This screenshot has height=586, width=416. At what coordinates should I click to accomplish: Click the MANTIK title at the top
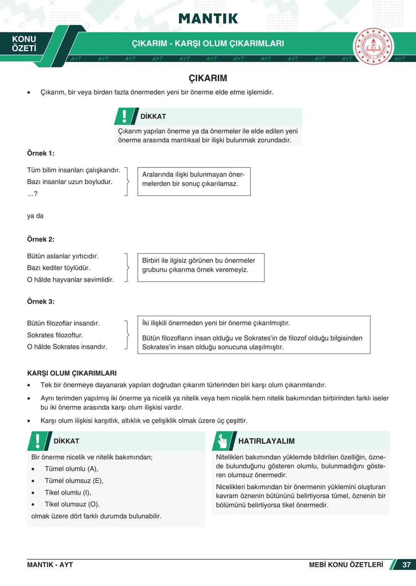pos(208,18)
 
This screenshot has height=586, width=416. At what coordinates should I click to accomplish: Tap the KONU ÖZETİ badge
pos(24,44)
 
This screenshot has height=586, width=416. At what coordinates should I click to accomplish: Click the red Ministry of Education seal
pos(373,47)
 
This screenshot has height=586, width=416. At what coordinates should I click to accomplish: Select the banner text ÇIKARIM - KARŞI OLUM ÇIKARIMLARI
pos(208,44)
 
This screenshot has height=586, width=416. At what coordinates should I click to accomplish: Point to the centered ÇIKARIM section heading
pos(208,78)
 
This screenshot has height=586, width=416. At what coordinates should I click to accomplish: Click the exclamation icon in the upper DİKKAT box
pos(124,116)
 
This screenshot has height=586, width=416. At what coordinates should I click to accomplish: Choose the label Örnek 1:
pos(40,153)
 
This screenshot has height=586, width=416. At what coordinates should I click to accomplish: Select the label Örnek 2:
pos(40,239)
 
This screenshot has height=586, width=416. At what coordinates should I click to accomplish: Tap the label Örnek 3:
pos(40,301)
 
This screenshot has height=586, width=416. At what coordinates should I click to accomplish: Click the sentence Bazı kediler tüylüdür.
pos(58,268)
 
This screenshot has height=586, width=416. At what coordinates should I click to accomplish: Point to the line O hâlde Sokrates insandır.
pos(67,347)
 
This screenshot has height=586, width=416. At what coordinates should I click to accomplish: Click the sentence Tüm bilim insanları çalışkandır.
pos(74,170)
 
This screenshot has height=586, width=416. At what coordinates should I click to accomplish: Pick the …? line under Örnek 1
pos(32,194)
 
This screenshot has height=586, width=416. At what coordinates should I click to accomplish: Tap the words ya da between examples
pos(35,216)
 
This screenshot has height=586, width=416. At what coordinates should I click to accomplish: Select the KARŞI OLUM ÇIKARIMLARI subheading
pos(72,373)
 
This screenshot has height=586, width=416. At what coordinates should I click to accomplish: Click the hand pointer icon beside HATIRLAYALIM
pos(223,441)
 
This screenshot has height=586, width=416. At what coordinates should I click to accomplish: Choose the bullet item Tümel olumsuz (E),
pos(74,481)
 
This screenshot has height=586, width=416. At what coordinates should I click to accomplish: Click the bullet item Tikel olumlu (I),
pos(68,492)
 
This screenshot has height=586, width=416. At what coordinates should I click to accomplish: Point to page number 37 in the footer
pos(406,564)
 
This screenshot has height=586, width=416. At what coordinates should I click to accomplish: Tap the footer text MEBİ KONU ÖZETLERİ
pos(346,564)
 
